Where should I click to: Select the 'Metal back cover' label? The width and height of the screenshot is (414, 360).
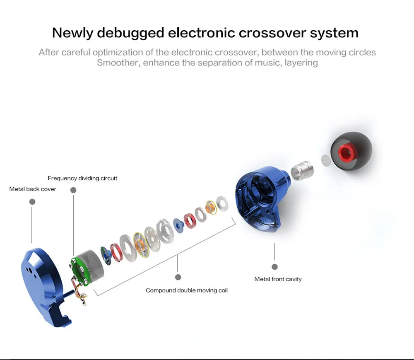tap(33, 189)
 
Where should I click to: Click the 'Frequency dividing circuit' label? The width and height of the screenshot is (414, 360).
tap(82, 178)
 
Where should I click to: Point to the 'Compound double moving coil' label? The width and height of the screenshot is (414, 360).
tap(187, 290)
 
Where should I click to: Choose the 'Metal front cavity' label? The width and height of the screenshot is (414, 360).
tap(278, 279)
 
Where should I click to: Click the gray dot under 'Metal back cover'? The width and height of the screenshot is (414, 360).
tap(32, 202)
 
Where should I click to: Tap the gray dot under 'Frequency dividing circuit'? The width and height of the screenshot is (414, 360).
tap(73, 190)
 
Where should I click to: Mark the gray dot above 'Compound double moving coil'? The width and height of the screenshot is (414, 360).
tap(178, 277)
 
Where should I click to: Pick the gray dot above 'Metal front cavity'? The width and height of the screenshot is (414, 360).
tap(274, 267)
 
